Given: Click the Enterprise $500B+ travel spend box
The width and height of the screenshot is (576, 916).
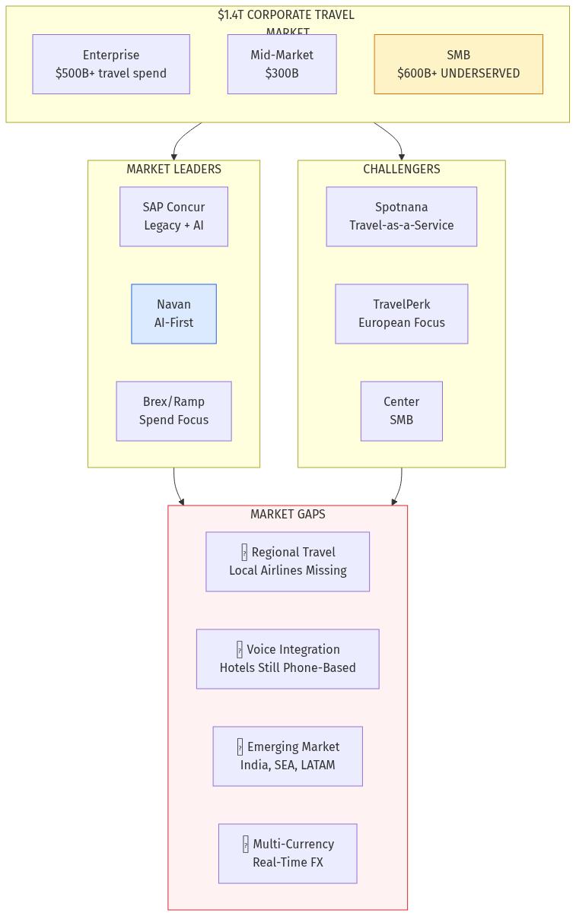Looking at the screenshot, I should tap(111, 64).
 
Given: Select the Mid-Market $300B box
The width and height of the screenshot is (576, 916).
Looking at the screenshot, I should tap(282, 64).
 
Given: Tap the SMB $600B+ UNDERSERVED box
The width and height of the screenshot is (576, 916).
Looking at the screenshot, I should tap(458, 64).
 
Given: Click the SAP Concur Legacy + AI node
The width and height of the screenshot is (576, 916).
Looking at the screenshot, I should tap(173, 217).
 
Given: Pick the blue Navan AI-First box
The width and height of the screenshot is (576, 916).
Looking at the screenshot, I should tap(173, 314).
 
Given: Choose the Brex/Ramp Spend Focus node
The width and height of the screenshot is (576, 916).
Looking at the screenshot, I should tap(173, 411).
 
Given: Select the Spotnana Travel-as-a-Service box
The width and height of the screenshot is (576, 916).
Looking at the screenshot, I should tap(401, 217).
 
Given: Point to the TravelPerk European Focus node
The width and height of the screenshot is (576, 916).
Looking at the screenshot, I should tap(401, 314).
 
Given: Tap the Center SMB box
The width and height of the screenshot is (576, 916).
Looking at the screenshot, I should tap(401, 411).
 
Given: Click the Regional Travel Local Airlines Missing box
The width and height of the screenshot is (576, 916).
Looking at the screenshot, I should tap(288, 562).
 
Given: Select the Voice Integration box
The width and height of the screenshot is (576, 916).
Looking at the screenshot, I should tap(288, 659).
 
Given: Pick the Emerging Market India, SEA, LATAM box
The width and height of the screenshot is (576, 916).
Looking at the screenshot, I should tap(288, 756).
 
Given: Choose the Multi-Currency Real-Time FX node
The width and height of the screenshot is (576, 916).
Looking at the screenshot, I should tap(288, 854).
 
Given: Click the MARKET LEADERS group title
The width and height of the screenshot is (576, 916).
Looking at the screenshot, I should tap(173, 170).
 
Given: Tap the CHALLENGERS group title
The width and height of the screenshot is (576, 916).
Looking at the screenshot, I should tap(401, 170).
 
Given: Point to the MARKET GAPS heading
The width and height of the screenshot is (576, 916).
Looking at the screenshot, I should tap(288, 515).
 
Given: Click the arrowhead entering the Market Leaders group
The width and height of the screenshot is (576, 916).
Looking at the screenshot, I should tap(174, 156).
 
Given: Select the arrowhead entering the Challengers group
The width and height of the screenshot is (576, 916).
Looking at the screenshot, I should tap(402, 156).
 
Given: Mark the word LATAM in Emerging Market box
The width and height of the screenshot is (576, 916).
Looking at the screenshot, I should tap(317, 765).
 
